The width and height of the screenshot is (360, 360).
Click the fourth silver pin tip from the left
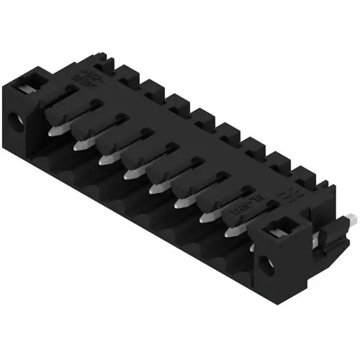coord(130,174)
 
